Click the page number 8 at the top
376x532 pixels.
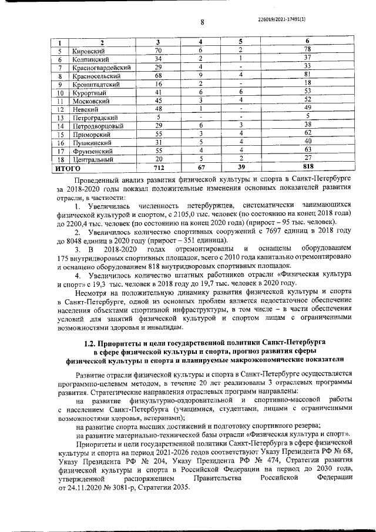(x=202, y=23)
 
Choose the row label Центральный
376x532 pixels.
(x=92, y=159)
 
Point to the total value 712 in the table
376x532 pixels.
(x=158, y=168)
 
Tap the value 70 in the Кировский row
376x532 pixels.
(x=158, y=50)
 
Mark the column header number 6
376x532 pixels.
(x=307, y=42)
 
